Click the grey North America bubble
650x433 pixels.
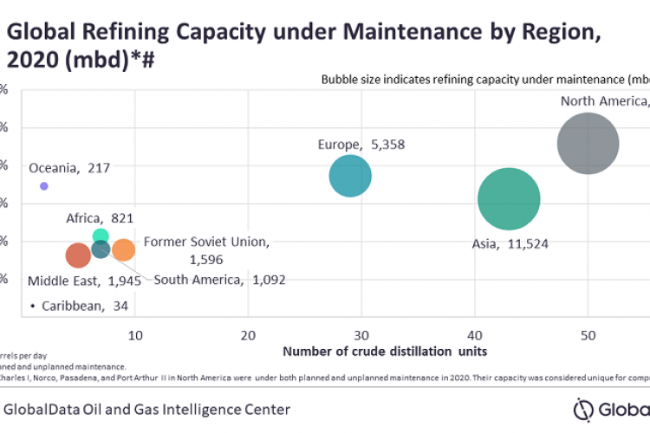click(x=588, y=144)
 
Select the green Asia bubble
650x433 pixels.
click(x=509, y=199)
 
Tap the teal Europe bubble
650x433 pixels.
click(x=350, y=177)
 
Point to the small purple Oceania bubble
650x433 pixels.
click(x=44, y=186)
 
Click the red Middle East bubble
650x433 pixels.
click(x=78, y=255)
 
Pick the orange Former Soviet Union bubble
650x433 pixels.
click(x=124, y=250)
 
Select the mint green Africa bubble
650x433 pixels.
click(x=101, y=236)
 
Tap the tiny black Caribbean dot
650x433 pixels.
click(x=32, y=307)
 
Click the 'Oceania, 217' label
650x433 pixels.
click(x=69, y=168)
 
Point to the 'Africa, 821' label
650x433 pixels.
click(x=100, y=217)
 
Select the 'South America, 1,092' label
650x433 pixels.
click(x=219, y=280)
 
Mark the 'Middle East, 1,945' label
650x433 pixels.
click(x=79, y=281)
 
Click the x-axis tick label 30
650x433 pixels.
click(x=361, y=335)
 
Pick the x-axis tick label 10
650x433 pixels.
click(x=134, y=335)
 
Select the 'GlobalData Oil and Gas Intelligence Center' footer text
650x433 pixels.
click(x=147, y=409)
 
